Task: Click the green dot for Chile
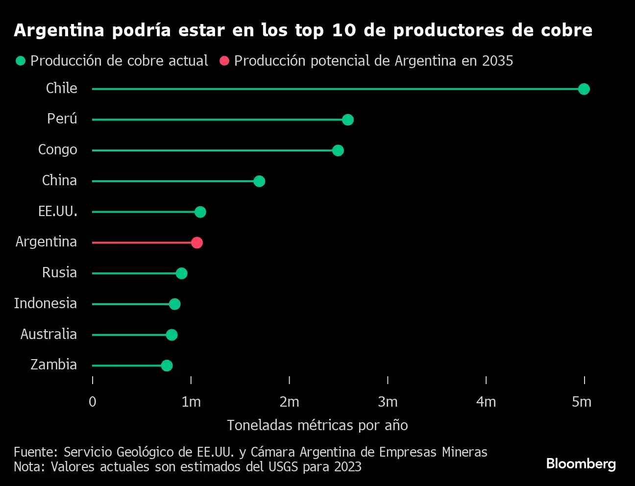click(x=584, y=89)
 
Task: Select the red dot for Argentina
click(x=196, y=243)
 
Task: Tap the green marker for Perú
click(x=348, y=120)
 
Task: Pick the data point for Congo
click(x=338, y=150)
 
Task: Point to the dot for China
click(x=259, y=181)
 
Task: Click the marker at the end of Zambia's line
click(x=167, y=365)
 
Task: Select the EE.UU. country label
click(x=58, y=212)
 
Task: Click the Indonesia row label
click(x=46, y=303)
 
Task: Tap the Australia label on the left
click(x=49, y=334)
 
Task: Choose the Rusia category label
click(x=59, y=272)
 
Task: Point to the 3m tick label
click(x=388, y=402)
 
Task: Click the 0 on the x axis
click(x=93, y=402)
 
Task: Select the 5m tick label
click(x=582, y=402)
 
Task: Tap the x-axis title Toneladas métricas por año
click(x=317, y=425)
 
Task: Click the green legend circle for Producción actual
click(x=21, y=61)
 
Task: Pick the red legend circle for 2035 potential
click(x=224, y=61)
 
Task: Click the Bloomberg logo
click(x=581, y=463)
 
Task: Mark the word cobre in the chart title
click(x=566, y=30)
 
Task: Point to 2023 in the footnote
click(x=348, y=467)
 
